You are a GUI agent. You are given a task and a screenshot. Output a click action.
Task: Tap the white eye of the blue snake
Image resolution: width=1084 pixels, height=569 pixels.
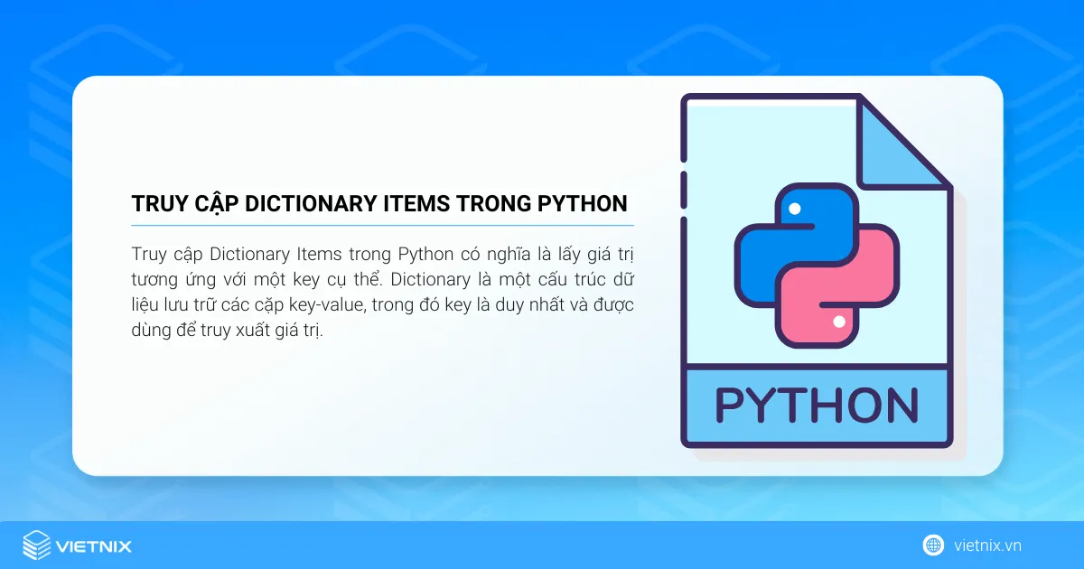(795, 209)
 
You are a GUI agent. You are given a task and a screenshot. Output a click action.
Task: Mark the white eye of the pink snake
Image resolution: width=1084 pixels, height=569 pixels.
(839, 322)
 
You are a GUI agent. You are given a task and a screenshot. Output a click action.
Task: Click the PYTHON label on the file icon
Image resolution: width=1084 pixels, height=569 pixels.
(816, 406)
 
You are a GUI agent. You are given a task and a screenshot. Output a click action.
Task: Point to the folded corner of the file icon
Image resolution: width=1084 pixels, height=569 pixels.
(903, 145)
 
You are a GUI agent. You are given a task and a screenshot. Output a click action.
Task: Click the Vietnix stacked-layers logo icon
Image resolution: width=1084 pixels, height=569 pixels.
(36, 546)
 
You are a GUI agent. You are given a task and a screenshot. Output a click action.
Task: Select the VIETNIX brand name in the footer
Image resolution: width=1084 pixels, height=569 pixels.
(94, 546)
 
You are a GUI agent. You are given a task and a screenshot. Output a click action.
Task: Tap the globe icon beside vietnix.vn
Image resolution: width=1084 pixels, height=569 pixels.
(933, 546)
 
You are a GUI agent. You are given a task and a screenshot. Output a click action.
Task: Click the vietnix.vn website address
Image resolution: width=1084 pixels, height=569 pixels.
(987, 546)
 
